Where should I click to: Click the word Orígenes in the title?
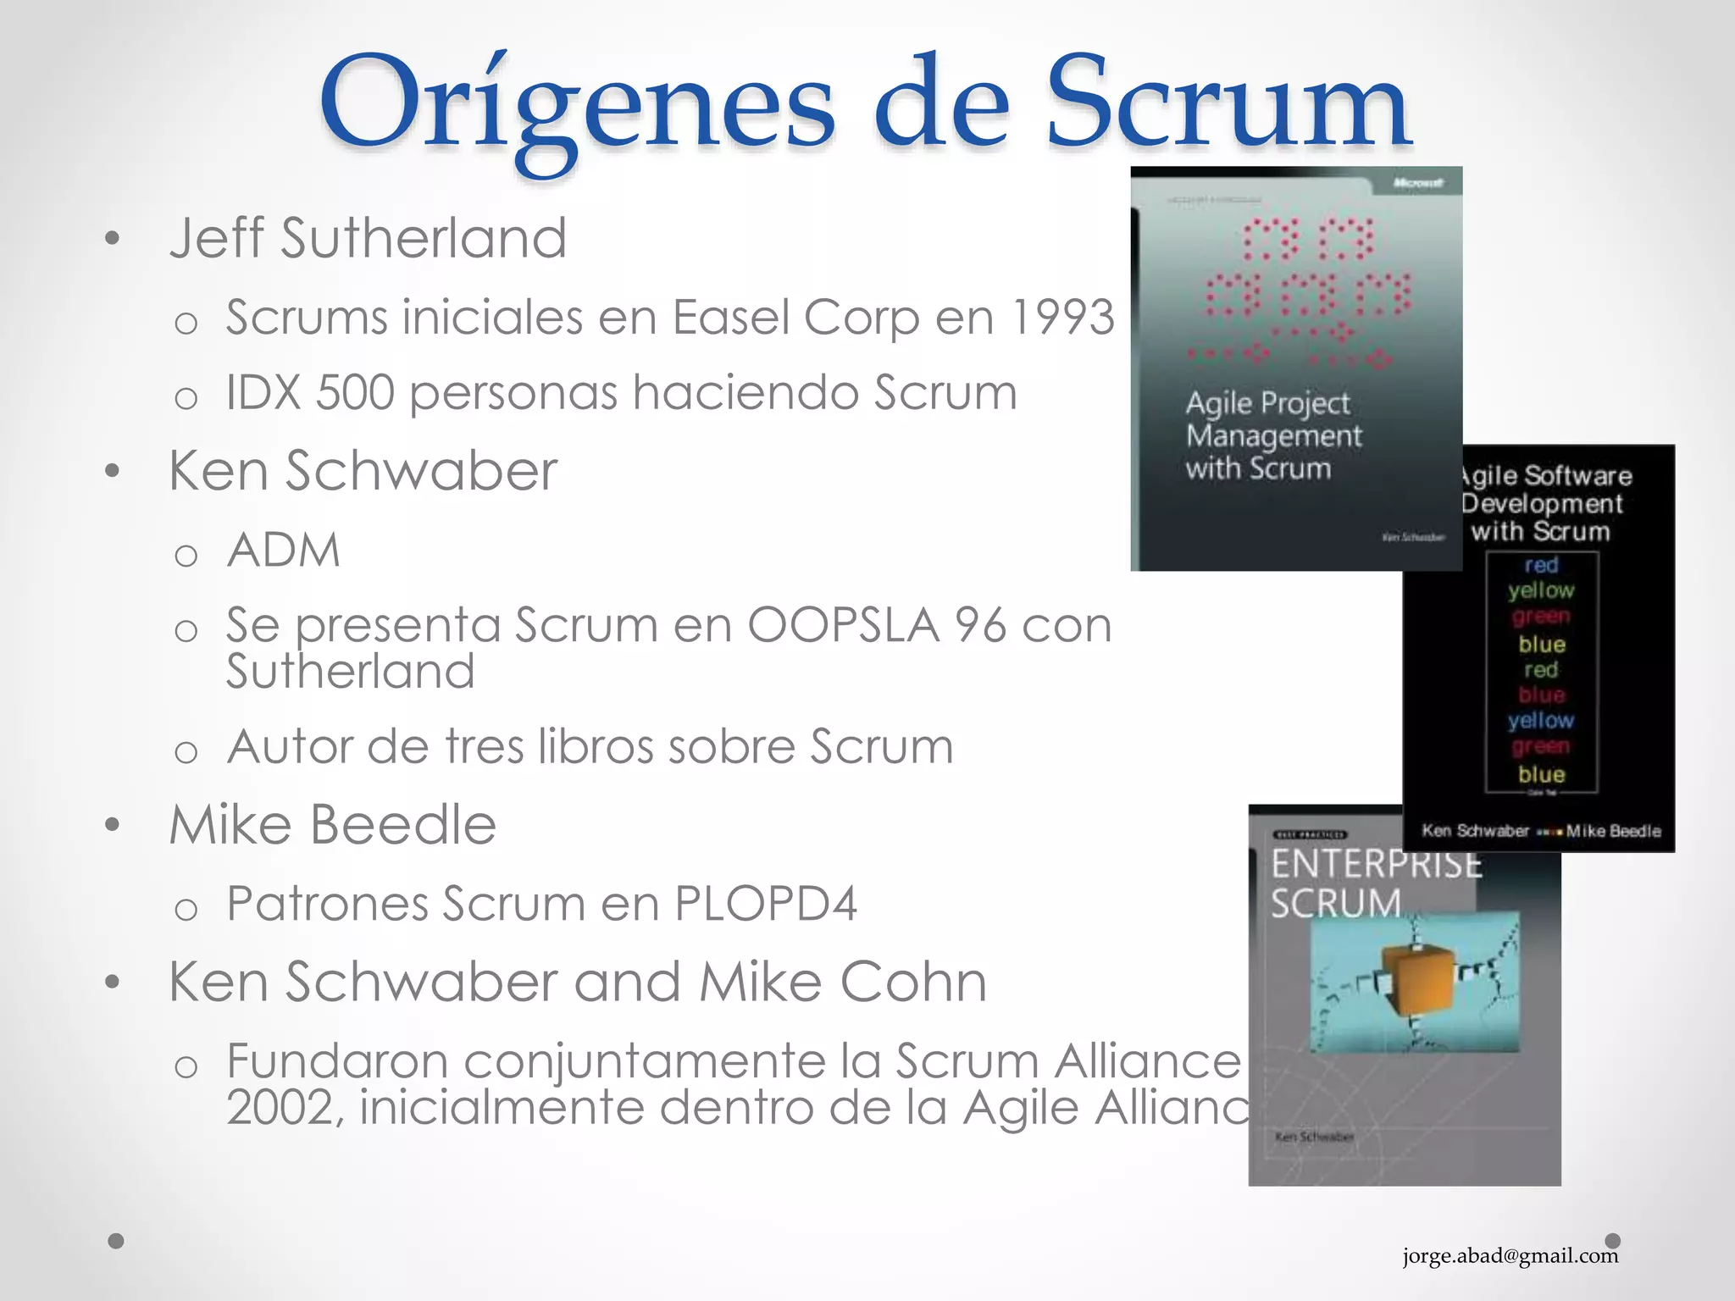tap(576, 106)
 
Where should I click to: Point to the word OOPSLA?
tap(843, 625)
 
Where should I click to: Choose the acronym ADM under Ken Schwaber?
tap(284, 550)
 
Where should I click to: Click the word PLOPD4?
tap(765, 903)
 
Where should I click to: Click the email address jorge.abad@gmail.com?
tap(1510, 1255)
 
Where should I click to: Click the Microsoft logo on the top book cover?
tap(1416, 183)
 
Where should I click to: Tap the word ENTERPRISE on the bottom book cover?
tap(1376, 864)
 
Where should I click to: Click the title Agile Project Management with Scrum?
tap(1272, 435)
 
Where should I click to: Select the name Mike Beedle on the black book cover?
tap(1613, 831)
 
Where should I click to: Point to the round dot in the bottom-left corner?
tap(117, 1241)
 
